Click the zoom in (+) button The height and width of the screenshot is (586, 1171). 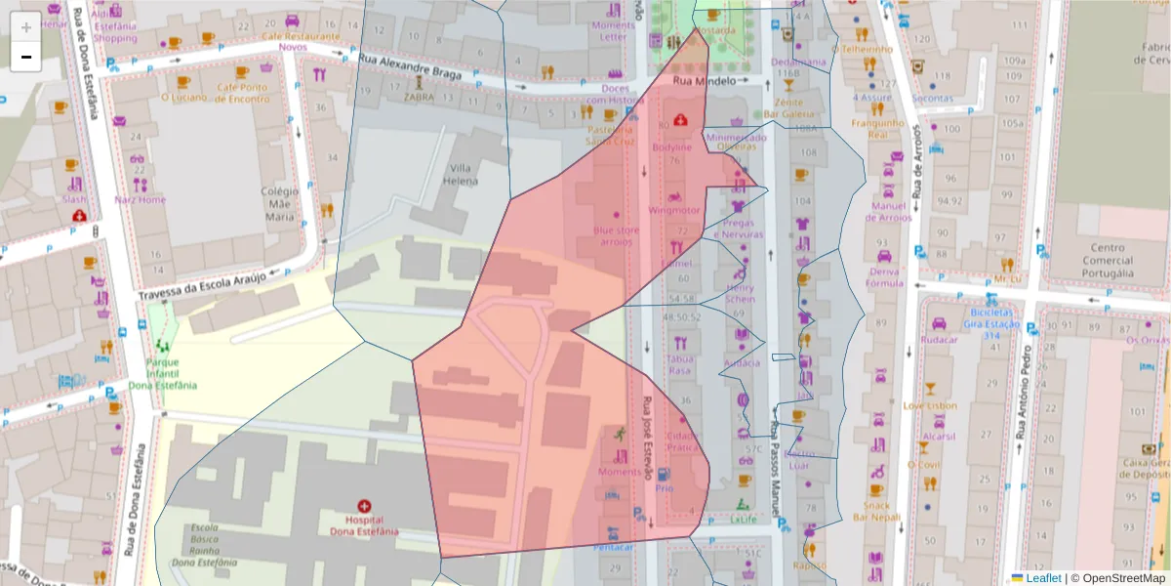26,26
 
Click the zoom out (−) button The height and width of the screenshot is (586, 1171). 26,57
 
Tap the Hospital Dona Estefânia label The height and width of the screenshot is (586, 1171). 365,525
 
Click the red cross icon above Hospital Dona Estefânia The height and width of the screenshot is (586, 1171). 365,507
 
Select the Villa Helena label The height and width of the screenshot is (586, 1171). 462,174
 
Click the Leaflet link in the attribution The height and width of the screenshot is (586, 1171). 1042,577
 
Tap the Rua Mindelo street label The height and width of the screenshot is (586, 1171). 704,81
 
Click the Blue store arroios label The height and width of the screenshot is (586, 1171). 617,235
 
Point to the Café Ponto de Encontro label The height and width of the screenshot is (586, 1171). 242,92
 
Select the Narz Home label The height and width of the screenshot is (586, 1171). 140,199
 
